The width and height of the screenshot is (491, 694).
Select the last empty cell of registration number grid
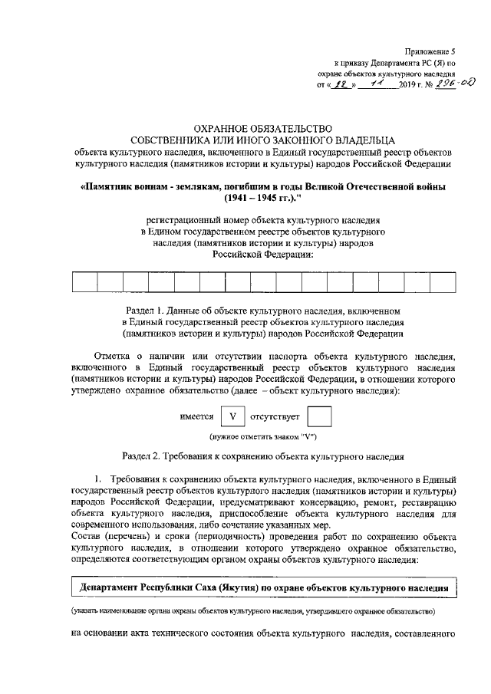pyautogui.click(x=442, y=283)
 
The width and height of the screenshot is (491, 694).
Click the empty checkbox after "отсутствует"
pyautogui.click(x=318, y=416)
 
